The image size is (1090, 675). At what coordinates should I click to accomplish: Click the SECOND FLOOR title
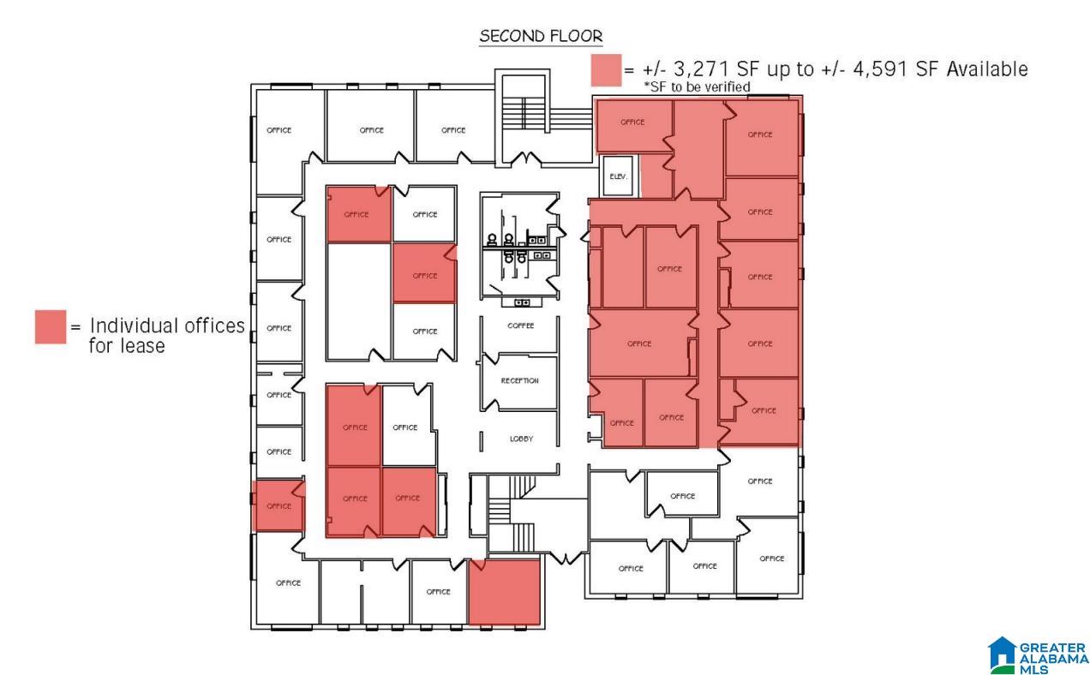coord(541,36)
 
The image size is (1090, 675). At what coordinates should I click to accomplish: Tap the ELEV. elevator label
coord(618,176)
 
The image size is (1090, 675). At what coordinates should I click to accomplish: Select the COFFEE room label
coord(521,326)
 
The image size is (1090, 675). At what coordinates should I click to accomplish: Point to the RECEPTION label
coord(519,380)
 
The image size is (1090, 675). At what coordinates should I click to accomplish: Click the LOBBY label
coord(521,439)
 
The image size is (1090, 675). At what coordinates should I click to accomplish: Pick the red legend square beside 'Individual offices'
coord(51,327)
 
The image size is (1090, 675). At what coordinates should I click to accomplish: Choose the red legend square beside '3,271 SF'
coord(607,70)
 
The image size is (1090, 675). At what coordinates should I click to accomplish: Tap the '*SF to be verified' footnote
coord(697,87)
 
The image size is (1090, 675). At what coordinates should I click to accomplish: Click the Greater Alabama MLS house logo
coord(1002,654)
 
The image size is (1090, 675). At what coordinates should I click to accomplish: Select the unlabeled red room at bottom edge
coord(504,592)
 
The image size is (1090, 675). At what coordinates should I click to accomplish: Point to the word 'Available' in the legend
coord(987,69)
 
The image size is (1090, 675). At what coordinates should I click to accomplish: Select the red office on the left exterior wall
coord(278,505)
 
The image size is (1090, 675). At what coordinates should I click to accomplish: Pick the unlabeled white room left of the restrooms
coord(359,302)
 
